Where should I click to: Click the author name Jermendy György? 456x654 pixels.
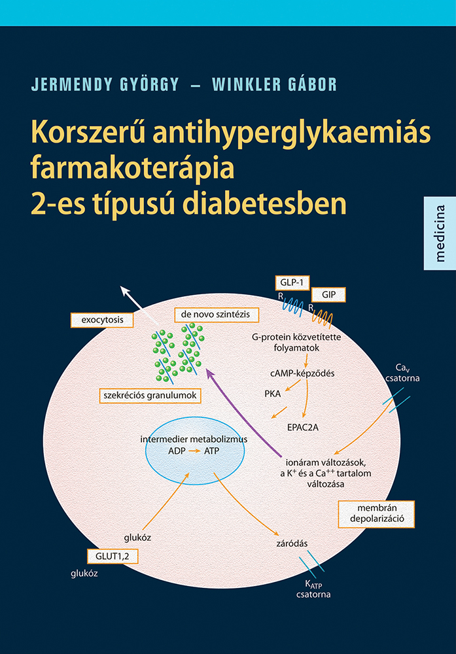pos(105,85)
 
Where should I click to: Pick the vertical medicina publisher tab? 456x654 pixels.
pos(440,233)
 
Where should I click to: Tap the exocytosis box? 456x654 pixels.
pos(101,320)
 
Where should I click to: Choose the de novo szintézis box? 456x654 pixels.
pos(216,315)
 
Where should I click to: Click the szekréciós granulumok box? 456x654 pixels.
pos(149,395)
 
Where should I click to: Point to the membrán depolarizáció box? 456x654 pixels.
pos(376,514)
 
